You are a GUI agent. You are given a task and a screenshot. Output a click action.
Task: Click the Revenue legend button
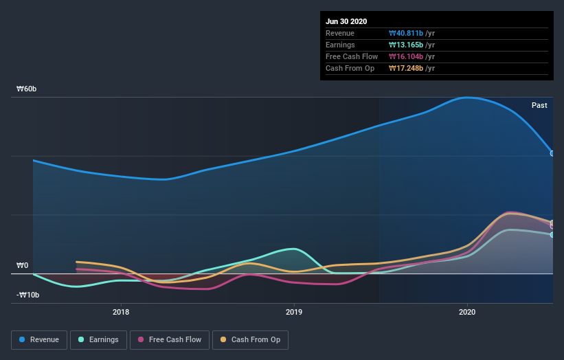pyautogui.click(x=39, y=339)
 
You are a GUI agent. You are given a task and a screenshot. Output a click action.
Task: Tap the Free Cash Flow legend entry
pyautogui.click(x=170, y=339)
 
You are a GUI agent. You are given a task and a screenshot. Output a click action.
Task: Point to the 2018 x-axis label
pyautogui.click(x=121, y=312)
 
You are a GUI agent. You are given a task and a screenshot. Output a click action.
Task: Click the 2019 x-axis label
pyautogui.click(x=294, y=312)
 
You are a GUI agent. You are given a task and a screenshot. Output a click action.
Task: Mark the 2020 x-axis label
pyautogui.click(x=467, y=312)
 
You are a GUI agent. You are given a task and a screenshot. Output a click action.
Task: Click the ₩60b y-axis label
pyautogui.click(x=27, y=89)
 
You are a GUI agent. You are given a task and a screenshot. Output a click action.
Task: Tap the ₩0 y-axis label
pyautogui.click(x=23, y=265)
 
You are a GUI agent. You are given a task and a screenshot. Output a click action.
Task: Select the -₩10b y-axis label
pyautogui.click(x=27, y=295)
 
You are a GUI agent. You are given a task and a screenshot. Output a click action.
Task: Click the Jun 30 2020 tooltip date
pyautogui.click(x=347, y=21)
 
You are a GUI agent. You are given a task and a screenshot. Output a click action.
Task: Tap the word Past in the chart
pyautogui.click(x=539, y=105)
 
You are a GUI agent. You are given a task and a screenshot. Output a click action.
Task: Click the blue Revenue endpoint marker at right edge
pyautogui.click(x=552, y=153)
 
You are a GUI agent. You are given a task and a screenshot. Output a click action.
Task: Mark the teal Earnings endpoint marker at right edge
pyautogui.click(x=552, y=235)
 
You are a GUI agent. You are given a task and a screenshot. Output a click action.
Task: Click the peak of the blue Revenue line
pyautogui.click(x=468, y=98)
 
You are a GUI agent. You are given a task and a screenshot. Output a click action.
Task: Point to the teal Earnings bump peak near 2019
pyautogui.click(x=294, y=249)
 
